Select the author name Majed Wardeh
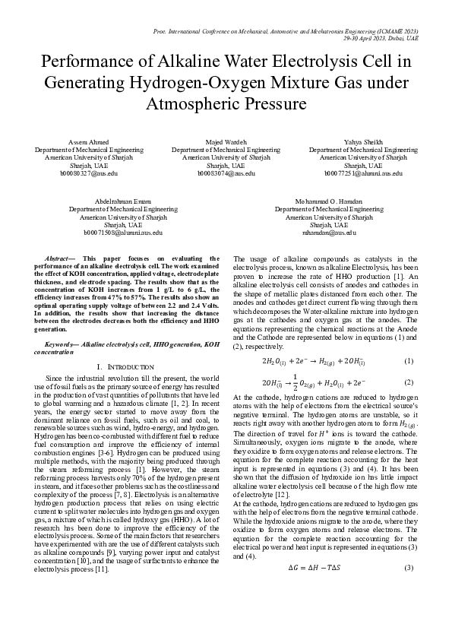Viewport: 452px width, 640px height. click(x=226, y=142)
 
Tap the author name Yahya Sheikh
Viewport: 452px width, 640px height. click(x=363, y=142)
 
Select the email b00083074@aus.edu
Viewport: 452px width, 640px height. click(x=226, y=173)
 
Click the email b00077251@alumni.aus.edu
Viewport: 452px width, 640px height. click(x=363, y=173)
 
